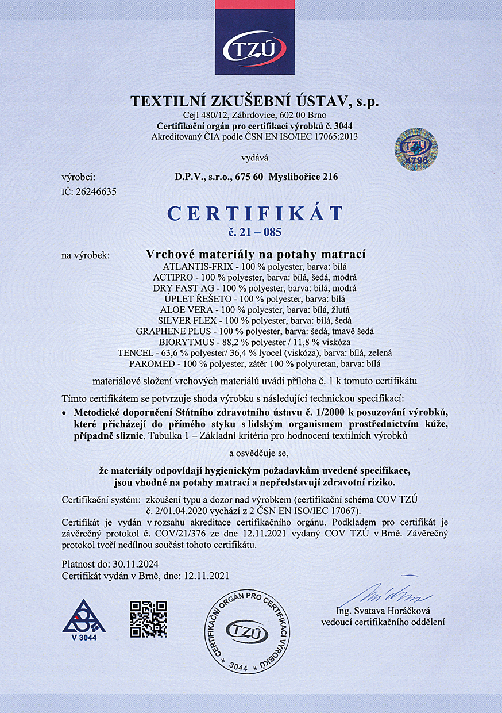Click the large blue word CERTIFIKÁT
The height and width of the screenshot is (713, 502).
254,213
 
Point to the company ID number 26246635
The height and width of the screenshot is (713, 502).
96,192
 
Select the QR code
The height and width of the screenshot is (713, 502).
148,619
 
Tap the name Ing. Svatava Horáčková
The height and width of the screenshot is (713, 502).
383,611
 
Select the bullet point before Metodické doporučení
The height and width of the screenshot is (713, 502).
64,413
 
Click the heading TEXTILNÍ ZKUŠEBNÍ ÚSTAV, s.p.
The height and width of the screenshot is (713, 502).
255,102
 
